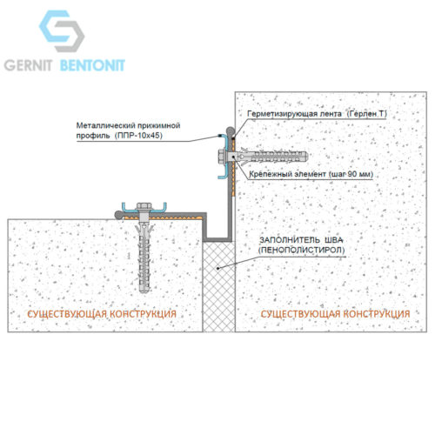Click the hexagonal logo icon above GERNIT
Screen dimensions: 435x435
[x=62, y=31]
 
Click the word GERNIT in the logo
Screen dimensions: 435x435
[x=28, y=65]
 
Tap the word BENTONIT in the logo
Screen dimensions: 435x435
[x=92, y=65]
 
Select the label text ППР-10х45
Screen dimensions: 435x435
[x=138, y=136]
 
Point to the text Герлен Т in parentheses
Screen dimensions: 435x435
[x=367, y=114]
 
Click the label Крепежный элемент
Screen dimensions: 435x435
[x=288, y=174]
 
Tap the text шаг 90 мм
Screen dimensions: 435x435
[x=351, y=174]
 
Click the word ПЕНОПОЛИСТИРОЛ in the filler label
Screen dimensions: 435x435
[x=302, y=250]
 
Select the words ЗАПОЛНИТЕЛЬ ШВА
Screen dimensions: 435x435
[x=301, y=240]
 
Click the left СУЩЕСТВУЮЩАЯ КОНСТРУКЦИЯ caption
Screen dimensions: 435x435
[x=102, y=314]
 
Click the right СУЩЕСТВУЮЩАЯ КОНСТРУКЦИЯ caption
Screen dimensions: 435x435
[x=335, y=314]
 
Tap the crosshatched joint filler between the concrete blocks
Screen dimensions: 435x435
[x=219, y=286]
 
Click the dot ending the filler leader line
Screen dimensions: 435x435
[x=218, y=268]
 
